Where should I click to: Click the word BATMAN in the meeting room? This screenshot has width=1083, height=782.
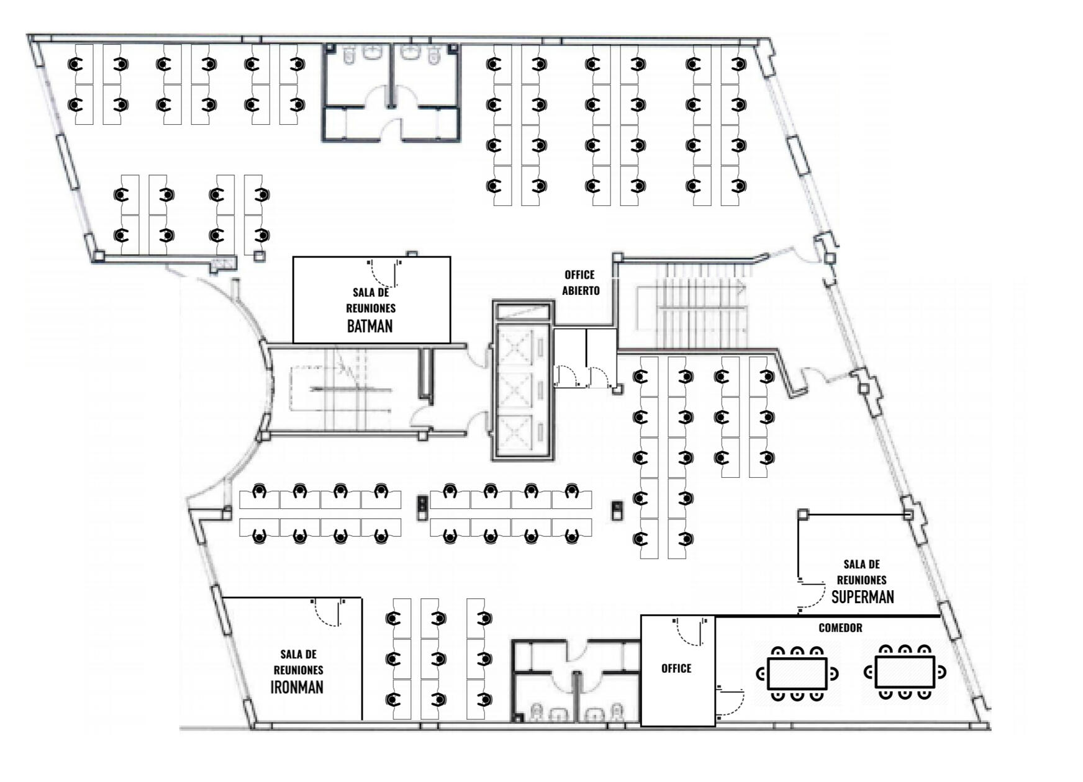point(369,326)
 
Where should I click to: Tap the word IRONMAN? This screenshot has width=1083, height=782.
point(297,687)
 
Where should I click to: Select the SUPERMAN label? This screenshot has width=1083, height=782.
point(863,597)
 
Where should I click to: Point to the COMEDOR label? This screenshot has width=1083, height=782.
point(840,628)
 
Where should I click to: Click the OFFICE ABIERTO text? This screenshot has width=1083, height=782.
point(581,282)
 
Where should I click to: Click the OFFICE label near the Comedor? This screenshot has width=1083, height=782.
point(676,668)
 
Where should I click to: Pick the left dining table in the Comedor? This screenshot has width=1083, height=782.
point(797,673)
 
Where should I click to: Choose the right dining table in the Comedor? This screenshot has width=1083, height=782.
point(905,672)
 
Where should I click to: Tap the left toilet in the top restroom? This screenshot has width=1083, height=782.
point(348,56)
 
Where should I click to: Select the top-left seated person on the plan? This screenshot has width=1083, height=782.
point(75,64)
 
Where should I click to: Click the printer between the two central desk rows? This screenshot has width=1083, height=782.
point(422,508)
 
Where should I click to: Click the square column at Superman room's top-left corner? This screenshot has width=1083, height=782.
point(803,514)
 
